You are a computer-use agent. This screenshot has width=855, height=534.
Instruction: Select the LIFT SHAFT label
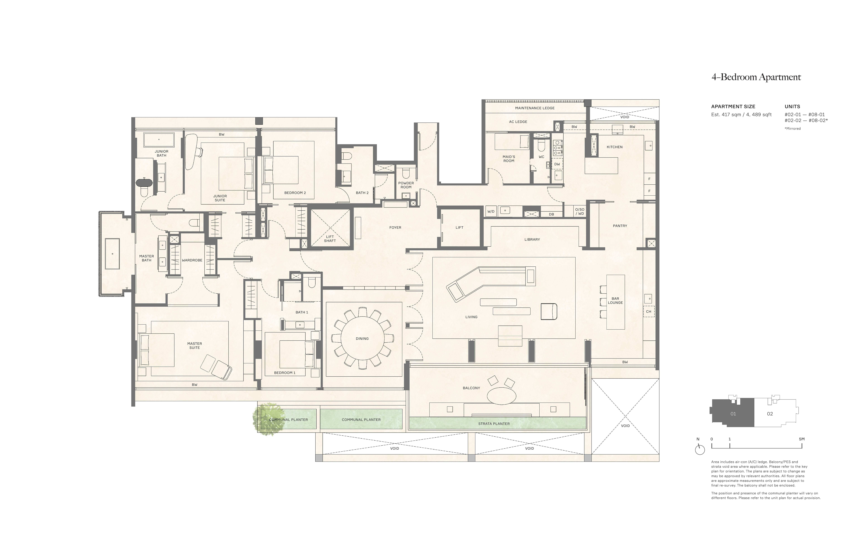[330, 239]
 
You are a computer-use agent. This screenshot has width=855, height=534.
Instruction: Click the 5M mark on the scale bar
[801, 439]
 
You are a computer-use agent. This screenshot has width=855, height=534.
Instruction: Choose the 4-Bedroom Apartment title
[756, 77]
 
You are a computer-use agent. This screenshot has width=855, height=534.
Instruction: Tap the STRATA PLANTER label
[494, 423]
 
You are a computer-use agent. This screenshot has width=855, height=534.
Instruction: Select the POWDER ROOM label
[406, 185]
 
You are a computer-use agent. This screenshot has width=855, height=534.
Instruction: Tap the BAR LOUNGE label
[615, 301]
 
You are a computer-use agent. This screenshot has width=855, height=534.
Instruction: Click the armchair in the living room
[549, 311]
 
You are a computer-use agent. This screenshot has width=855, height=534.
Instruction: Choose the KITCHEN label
[614, 147]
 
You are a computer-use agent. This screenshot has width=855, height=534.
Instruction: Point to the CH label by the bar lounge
[648, 311]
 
